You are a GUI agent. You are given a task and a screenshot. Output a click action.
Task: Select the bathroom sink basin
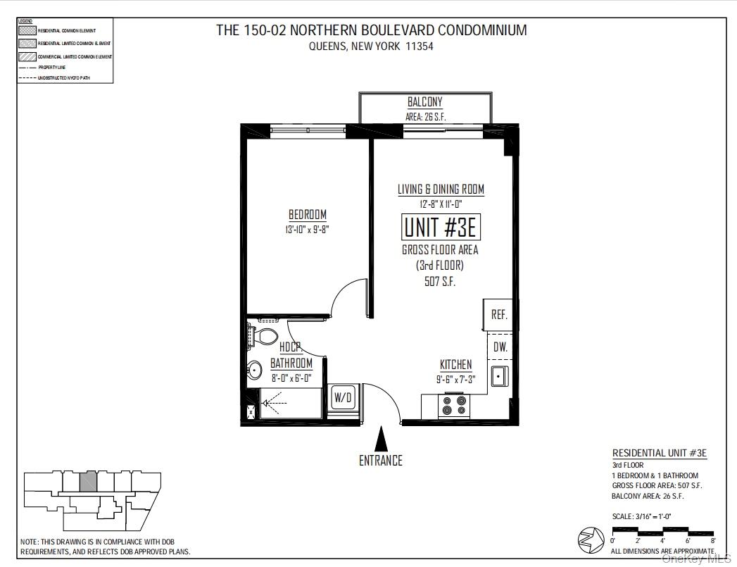click(x=254, y=369)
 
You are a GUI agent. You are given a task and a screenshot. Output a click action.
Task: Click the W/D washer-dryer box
click(x=343, y=397)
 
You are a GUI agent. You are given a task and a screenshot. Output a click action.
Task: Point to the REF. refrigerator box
click(x=499, y=315)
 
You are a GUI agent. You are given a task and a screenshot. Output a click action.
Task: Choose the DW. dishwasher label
click(x=500, y=347)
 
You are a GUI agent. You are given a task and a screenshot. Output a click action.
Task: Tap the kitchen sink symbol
click(x=499, y=376)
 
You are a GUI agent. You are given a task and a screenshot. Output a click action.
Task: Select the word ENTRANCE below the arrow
click(x=381, y=461)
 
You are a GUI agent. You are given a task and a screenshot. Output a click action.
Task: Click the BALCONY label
click(x=425, y=103)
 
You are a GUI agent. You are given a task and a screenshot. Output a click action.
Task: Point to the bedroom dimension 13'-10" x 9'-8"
click(x=307, y=229)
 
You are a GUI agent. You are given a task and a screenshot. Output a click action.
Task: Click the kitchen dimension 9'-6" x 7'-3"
click(x=455, y=379)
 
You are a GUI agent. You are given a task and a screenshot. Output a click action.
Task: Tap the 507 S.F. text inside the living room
click(x=441, y=281)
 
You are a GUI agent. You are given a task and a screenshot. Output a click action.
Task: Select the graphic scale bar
click(x=662, y=531)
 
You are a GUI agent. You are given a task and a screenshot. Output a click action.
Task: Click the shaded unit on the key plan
click(x=87, y=482)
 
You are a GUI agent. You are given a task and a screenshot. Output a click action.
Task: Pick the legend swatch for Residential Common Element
click(x=27, y=31)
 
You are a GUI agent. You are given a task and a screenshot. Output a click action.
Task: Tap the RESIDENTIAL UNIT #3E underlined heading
click(x=659, y=454)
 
